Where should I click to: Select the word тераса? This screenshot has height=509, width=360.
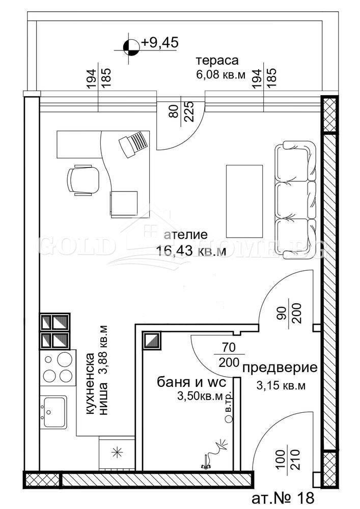(x=217, y=61)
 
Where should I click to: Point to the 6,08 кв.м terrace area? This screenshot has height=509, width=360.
(x=220, y=75)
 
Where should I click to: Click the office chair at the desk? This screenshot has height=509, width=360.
(x=82, y=179)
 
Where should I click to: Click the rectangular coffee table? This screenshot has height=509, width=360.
(x=244, y=201)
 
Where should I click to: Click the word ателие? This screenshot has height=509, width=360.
(x=186, y=235)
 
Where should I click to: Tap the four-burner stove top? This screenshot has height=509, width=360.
(x=58, y=367)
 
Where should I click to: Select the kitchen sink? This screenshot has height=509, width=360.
(x=54, y=411)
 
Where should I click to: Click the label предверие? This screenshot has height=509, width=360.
(x=280, y=368)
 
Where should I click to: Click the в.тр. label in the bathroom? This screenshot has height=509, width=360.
(x=229, y=402)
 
